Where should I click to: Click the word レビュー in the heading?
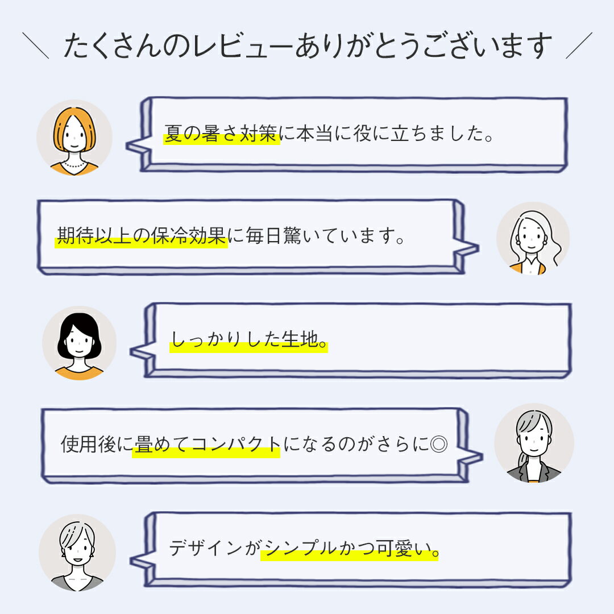coord(227,46)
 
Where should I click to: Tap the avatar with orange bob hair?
coord(74,138)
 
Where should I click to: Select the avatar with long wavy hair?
coord(533,238)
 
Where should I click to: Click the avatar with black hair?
coord(79,343)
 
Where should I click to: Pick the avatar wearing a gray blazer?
coord(534,443)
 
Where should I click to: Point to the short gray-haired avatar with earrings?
coord(77,553)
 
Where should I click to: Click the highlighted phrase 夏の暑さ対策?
coord(221,134)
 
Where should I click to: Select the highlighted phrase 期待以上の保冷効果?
coord(141,236)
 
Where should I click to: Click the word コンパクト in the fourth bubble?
coord(236,444)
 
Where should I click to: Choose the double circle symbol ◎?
coord(438,444)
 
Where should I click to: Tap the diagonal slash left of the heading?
coord(36,46)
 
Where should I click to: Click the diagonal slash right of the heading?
coord(579,46)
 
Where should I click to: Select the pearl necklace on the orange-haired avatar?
coord(74,164)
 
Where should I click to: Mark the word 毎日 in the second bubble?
coord(264,236)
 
